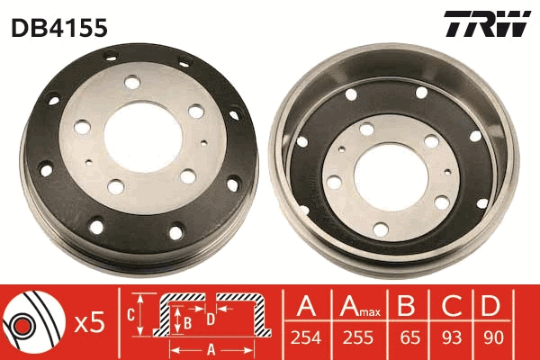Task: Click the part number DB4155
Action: pyautogui.click(x=59, y=27)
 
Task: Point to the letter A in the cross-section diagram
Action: pyautogui.click(x=211, y=347)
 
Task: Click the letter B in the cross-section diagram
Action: pyautogui.click(x=187, y=319)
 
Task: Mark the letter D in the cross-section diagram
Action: pyautogui.click(x=210, y=318)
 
